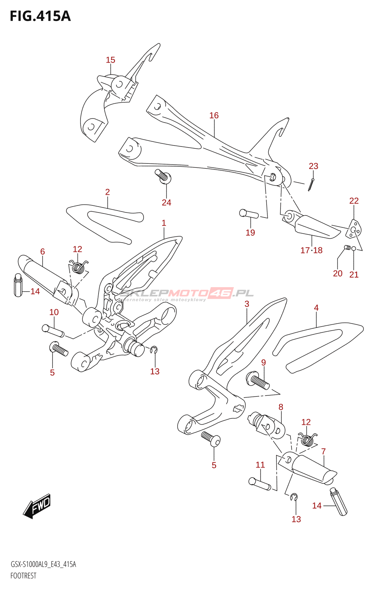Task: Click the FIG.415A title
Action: click(x=40, y=16)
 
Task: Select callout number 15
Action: click(x=110, y=60)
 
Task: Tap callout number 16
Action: click(x=214, y=116)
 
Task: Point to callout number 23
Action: click(x=313, y=166)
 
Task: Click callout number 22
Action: click(x=354, y=201)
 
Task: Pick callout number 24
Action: click(x=167, y=202)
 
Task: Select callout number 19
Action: click(x=250, y=233)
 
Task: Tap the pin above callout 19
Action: click(x=249, y=214)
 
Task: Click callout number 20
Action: click(x=337, y=274)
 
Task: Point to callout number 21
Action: click(x=354, y=275)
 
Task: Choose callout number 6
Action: click(x=43, y=252)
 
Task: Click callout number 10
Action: click(x=54, y=312)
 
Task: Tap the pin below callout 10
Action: click(x=53, y=330)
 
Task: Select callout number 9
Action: click(x=264, y=363)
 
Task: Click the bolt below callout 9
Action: click(x=258, y=381)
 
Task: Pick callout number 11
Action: click(x=260, y=465)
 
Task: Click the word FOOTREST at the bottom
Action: click(x=24, y=576)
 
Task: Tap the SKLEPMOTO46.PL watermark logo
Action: click(x=187, y=293)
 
